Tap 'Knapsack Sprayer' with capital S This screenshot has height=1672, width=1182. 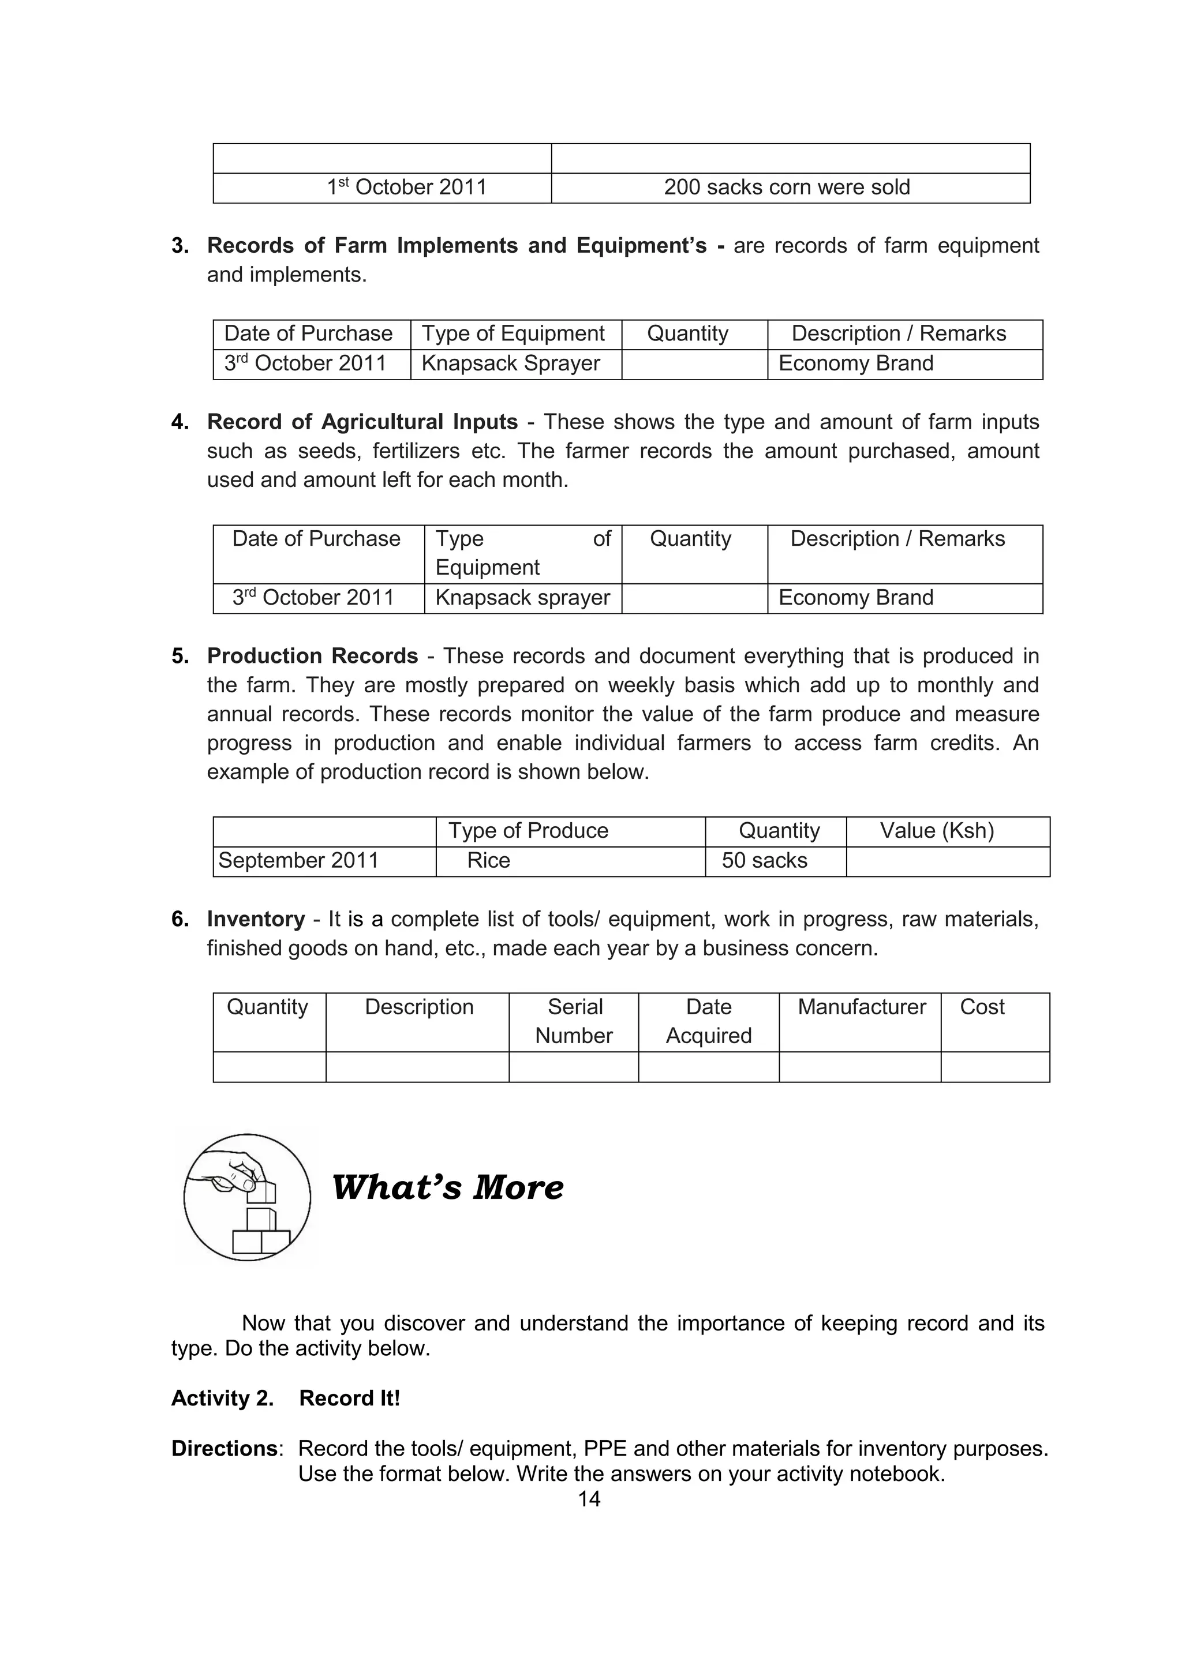511,363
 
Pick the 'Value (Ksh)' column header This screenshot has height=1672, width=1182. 937,831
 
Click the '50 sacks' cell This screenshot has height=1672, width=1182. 764,861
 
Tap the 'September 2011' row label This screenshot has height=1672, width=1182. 298,861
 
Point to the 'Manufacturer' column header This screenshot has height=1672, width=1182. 862,1007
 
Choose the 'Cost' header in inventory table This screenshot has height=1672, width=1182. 982,1007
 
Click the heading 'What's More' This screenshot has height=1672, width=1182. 447,1188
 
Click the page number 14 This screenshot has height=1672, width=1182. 589,1499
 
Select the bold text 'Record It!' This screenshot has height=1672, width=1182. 350,1398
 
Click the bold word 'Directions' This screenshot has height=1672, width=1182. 225,1449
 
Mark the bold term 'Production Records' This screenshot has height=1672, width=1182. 312,656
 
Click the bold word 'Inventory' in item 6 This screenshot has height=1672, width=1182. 256,919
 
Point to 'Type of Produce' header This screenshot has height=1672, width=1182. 528,831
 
